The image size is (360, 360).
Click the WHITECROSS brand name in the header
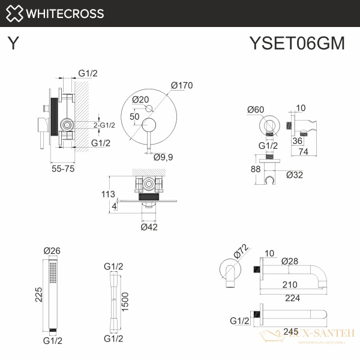(66, 13)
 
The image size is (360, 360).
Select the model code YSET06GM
(296, 43)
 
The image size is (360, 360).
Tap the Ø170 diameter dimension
(181, 86)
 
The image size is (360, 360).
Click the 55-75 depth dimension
(63, 169)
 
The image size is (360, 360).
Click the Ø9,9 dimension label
(163, 157)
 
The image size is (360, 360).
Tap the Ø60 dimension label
(256, 109)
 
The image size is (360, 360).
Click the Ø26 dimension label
(52, 251)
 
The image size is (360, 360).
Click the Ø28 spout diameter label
(290, 261)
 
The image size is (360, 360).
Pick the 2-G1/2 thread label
(104, 125)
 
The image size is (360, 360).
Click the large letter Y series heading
(13, 43)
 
